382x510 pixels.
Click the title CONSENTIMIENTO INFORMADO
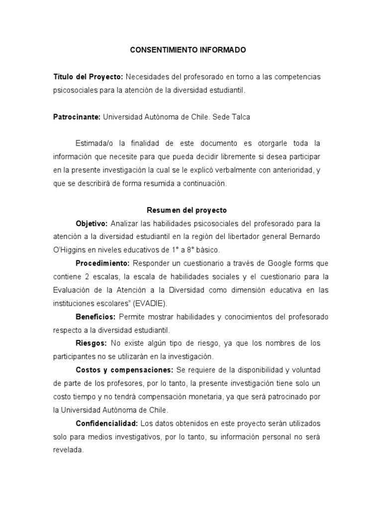point(188,50)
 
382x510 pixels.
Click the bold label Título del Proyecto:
point(88,77)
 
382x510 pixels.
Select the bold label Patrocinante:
point(77,117)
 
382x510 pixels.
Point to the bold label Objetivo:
point(92,223)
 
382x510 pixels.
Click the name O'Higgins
point(71,249)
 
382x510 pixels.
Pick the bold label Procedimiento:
point(103,263)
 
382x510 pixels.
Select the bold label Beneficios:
point(95,317)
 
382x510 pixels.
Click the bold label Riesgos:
point(91,343)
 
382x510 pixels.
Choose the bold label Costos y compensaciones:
point(124,370)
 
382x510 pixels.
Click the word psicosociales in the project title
point(76,90)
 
